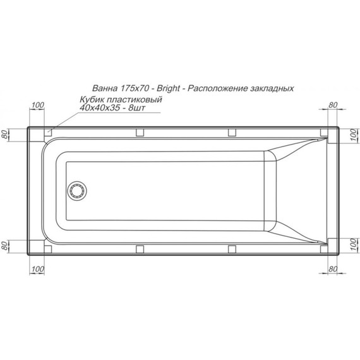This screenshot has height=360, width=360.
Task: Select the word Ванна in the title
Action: [x=104, y=89]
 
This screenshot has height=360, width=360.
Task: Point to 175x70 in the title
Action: [x=135, y=89]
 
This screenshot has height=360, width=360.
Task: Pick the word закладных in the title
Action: [x=273, y=89]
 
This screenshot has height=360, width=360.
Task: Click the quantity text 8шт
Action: [x=145, y=109]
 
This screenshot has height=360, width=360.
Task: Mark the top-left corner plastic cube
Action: [x=48, y=133]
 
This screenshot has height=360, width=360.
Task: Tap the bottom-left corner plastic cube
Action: [x=48, y=246]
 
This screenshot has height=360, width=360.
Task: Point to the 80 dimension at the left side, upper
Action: [x=6, y=134]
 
